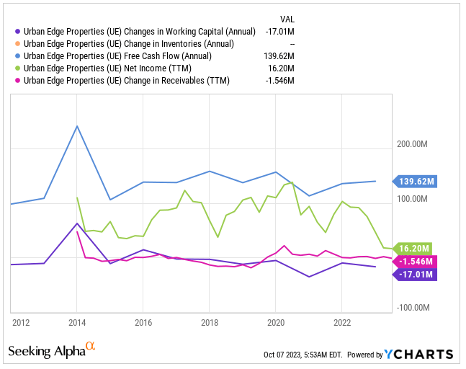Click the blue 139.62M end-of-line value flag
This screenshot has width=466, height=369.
[x=416, y=182]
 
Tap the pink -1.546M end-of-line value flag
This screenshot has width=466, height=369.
[x=416, y=261]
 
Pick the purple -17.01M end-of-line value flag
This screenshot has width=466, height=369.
[x=416, y=275]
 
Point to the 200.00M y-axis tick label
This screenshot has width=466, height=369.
[x=413, y=144]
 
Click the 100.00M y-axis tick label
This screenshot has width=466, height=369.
[x=413, y=199]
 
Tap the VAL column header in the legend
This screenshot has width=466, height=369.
[x=286, y=19]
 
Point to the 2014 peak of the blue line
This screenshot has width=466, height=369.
[x=77, y=126]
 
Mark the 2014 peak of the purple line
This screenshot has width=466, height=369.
[x=77, y=223]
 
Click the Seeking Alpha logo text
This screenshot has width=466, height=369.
[x=46, y=351]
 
